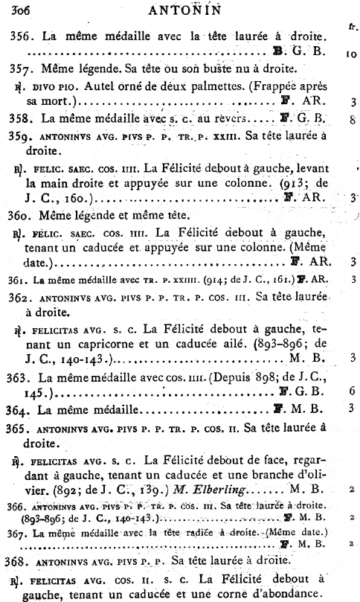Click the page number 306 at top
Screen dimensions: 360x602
[x=13, y=10]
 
